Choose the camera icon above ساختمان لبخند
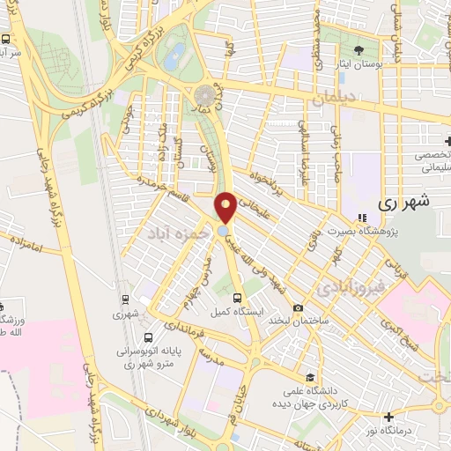(299, 307)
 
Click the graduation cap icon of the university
(307, 375)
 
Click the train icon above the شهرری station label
(126, 299)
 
